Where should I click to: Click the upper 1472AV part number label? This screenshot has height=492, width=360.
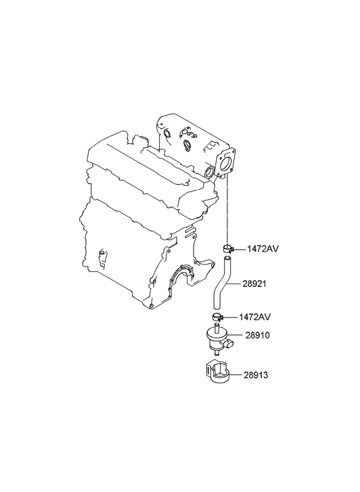263,249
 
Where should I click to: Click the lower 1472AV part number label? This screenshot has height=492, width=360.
254,317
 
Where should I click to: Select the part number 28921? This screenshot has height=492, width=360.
254,284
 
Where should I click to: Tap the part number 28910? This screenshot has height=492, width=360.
257,335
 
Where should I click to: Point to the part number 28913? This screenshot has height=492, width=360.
256,375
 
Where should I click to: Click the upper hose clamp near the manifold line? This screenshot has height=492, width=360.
227,248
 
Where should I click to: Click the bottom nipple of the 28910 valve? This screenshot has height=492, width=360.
217,353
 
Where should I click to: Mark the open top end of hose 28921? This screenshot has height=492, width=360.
227,259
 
